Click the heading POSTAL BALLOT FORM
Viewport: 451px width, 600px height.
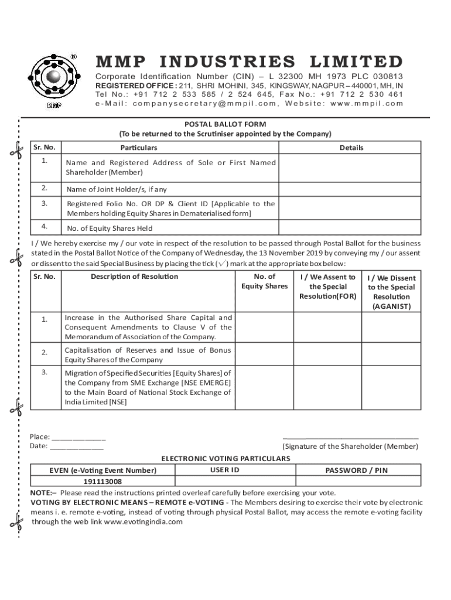[225, 124]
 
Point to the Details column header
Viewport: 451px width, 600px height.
[351, 148]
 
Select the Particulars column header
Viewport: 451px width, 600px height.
[139, 148]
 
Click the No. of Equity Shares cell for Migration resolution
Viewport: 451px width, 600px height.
[264, 387]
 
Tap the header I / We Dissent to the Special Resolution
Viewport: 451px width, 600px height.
[391, 292]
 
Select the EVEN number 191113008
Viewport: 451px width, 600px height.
[102, 481]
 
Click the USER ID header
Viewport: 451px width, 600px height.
[224, 470]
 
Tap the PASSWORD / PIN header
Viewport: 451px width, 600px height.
[356, 470]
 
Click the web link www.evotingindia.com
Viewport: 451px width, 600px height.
[143, 522]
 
